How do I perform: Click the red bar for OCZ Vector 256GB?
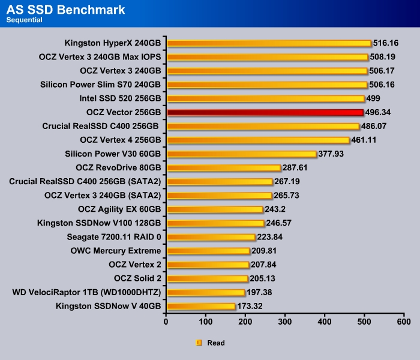pyautogui.click(x=265, y=112)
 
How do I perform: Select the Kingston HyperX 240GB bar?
pyautogui.click(x=269, y=43)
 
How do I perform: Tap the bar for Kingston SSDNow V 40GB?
pyautogui.click(x=201, y=306)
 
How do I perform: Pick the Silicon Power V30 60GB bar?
pyautogui.click(x=242, y=154)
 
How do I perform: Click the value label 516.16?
pyautogui.click(x=386, y=43)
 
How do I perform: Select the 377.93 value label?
pyautogui.click(x=332, y=154)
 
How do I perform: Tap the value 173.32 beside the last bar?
pyautogui.click(x=251, y=306)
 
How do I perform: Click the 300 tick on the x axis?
pyautogui.click(x=285, y=322)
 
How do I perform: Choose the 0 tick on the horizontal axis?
pyautogui.click(x=166, y=322)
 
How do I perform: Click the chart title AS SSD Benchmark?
pyautogui.click(x=65, y=10)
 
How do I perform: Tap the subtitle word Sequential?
pyautogui.click(x=25, y=20)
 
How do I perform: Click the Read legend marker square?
pyautogui.click(x=199, y=343)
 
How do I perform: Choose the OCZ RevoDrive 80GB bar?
pyautogui.click(x=224, y=167)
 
